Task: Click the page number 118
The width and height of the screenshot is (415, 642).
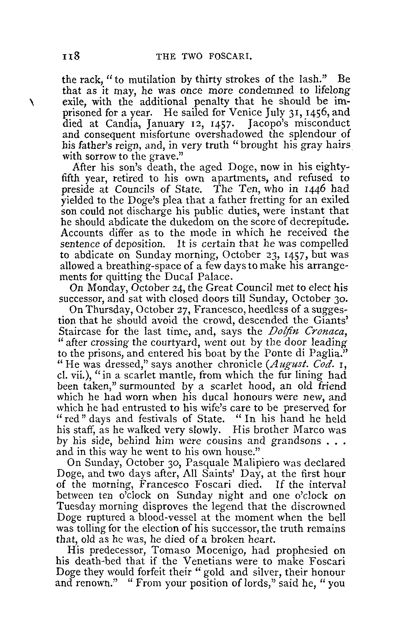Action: point(71,57)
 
